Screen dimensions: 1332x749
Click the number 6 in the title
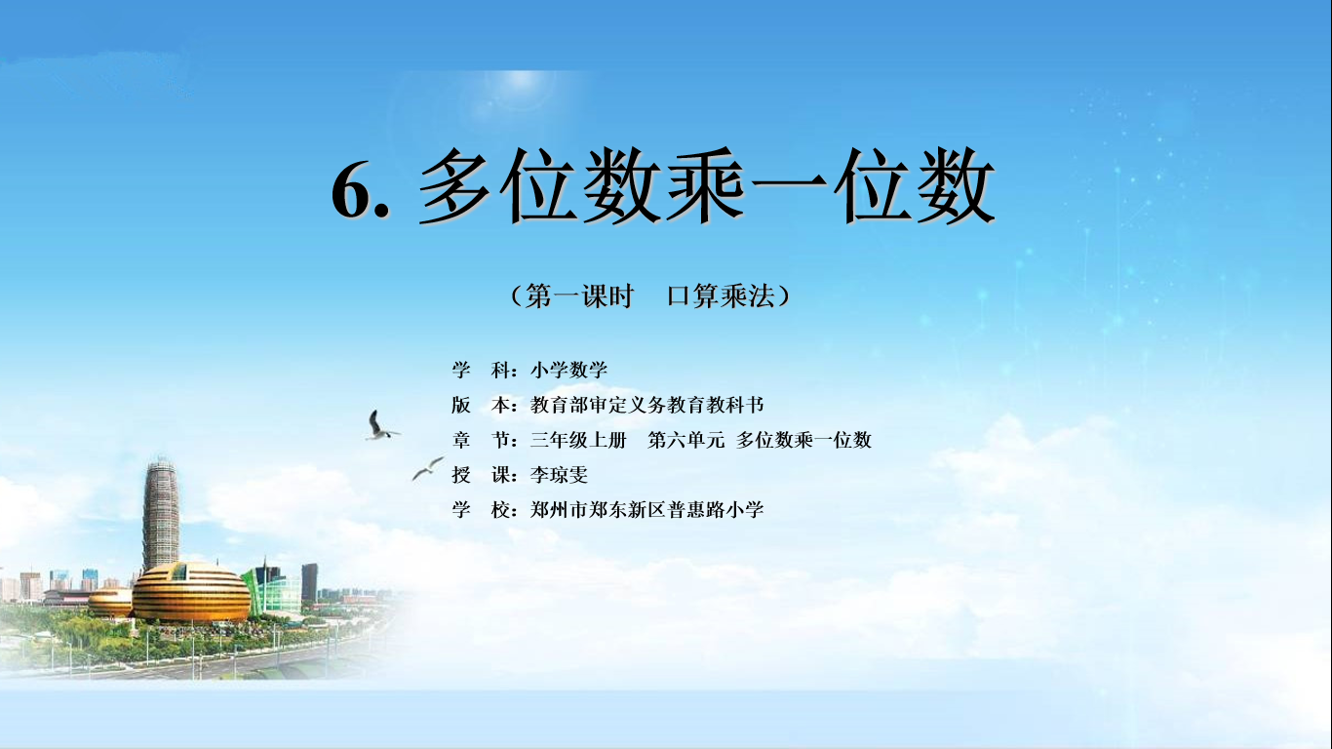(351, 190)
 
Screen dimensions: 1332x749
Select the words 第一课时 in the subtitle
(579, 296)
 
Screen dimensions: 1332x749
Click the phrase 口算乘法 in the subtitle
(721, 296)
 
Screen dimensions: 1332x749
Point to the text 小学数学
(568, 370)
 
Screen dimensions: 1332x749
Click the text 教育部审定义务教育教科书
(646, 405)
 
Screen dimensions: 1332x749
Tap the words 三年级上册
(578, 440)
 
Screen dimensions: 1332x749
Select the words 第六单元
(686, 440)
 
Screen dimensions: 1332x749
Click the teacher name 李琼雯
(559, 475)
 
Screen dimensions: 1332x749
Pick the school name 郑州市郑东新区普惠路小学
(646, 510)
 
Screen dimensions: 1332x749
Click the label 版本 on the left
(481, 405)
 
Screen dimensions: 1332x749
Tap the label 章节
(481, 440)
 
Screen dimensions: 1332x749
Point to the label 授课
(481, 475)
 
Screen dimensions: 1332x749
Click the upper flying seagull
(378, 426)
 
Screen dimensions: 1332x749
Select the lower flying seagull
(427, 469)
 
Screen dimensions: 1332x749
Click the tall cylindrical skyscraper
(161, 515)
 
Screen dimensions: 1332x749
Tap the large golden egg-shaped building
(190, 593)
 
